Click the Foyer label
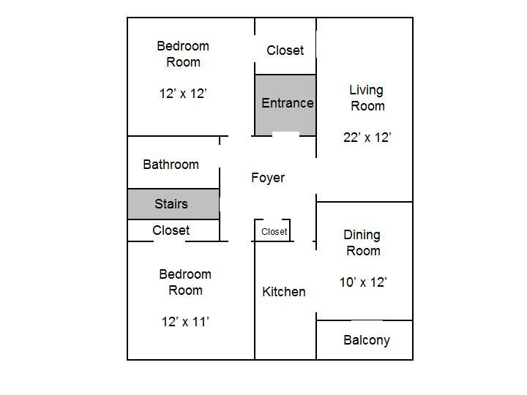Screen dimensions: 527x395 268,178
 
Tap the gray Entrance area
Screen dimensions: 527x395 285,105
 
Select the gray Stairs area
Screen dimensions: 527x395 173,204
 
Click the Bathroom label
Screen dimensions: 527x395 171,165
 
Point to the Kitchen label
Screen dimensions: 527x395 284,292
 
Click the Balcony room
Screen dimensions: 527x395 365,340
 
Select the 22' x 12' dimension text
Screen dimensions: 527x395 367,138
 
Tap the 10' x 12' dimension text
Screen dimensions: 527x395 363,282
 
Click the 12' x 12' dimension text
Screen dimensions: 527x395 183,94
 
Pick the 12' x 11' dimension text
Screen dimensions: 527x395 185,322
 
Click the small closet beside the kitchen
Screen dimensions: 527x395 272,230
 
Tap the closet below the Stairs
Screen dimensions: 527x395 173,230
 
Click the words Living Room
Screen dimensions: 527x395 367,98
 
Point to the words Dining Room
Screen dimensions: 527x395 362,243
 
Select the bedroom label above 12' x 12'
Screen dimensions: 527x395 183,53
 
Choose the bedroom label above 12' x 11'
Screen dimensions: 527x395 185,282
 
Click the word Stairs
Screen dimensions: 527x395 171,203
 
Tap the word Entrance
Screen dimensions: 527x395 288,103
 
